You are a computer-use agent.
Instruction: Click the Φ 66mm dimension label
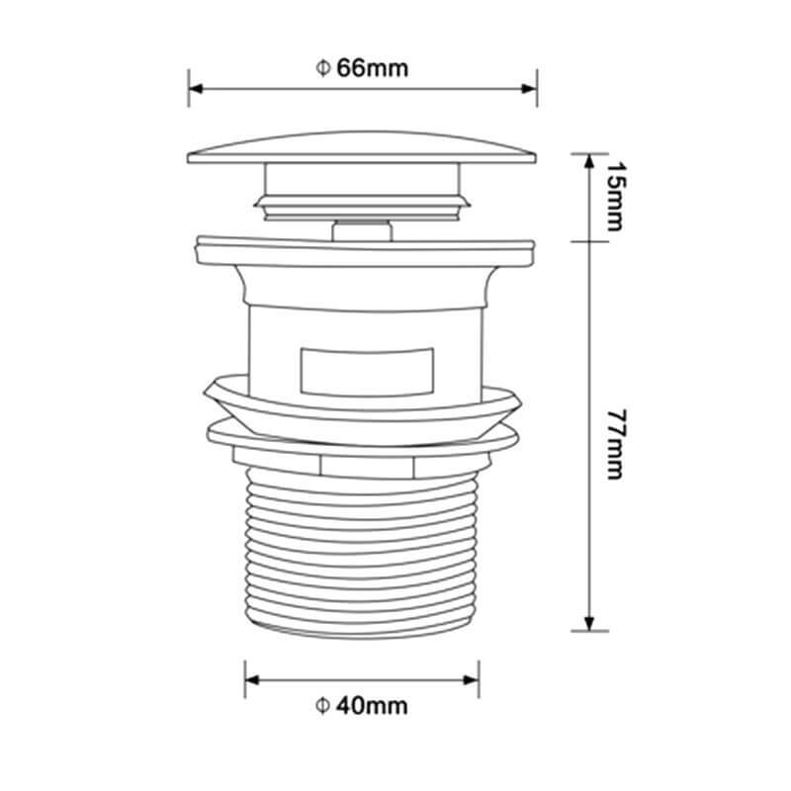362,68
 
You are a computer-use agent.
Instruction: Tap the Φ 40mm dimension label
362,706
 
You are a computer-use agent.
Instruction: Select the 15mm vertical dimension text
614,196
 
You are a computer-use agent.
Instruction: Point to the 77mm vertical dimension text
614,444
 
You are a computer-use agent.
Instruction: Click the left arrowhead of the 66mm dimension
196,89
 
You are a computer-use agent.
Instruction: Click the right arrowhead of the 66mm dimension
529,89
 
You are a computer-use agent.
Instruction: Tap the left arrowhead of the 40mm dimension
252,680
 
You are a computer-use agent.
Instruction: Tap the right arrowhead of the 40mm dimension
472,680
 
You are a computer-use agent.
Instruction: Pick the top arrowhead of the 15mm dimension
589,161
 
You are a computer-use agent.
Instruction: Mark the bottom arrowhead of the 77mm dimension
589,624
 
